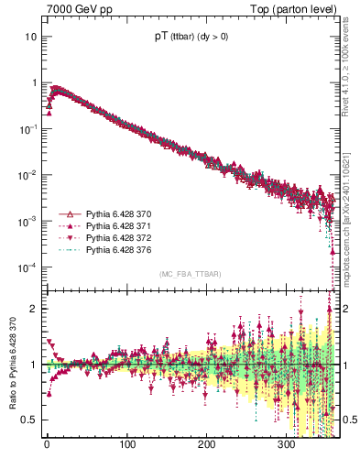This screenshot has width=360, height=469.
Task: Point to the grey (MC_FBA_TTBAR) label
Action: tap(190, 274)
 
